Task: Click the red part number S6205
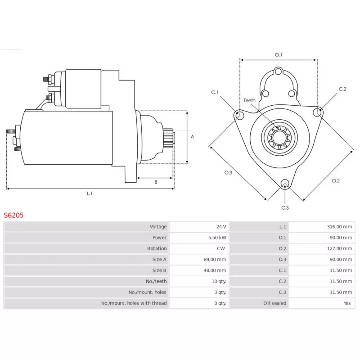[x=13, y=216]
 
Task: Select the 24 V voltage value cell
[x=220, y=227]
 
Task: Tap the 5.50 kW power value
[x=218, y=238]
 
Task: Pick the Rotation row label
[x=157, y=248]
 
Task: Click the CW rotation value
[x=222, y=248]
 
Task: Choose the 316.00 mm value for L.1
[x=339, y=227]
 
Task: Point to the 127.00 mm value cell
[x=339, y=248]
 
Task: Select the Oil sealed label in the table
[x=274, y=303]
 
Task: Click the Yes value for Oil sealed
[x=346, y=303]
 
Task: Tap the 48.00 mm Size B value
[x=215, y=270]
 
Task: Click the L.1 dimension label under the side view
[x=90, y=193]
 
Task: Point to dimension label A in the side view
[x=192, y=136]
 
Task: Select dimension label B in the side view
[x=156, y=182]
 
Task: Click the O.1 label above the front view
[x=279, y=55]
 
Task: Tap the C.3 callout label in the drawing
[x=285, y=207]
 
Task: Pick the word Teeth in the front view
[x=249, y=100]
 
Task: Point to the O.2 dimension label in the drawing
[x=336, y=180]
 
